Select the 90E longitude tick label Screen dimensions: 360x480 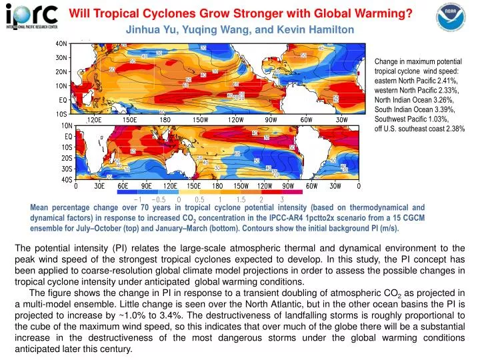[x=147, y=187]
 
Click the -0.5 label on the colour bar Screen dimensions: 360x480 [x=159, y=199]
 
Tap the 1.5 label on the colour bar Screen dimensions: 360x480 [x=241, y=199]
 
